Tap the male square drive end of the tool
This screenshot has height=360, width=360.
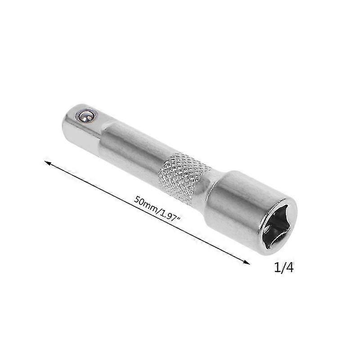click(81, 126)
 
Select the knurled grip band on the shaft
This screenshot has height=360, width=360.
click(184, 177)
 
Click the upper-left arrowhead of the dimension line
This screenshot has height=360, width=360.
click(47, 163)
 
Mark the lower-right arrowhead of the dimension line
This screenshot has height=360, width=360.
click(247, 262)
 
